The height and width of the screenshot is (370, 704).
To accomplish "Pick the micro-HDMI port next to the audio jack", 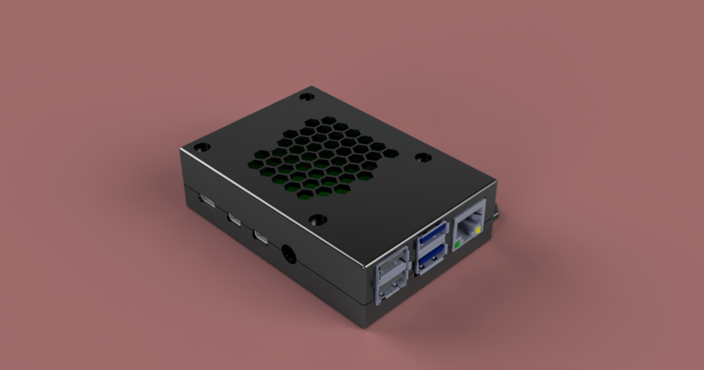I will pyautogui.click(x=260, y=238).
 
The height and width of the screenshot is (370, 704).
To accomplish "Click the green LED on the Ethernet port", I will pyautogui.click(x=457, y=243).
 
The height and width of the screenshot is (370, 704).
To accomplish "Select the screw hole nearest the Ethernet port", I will pyautogui.click(x=422, y=157).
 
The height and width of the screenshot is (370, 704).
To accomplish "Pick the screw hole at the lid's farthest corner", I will pyautogui.click(x=305, y=96).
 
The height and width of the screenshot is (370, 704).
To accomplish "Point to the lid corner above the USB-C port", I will pyautogui.click(x=182, y=151).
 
